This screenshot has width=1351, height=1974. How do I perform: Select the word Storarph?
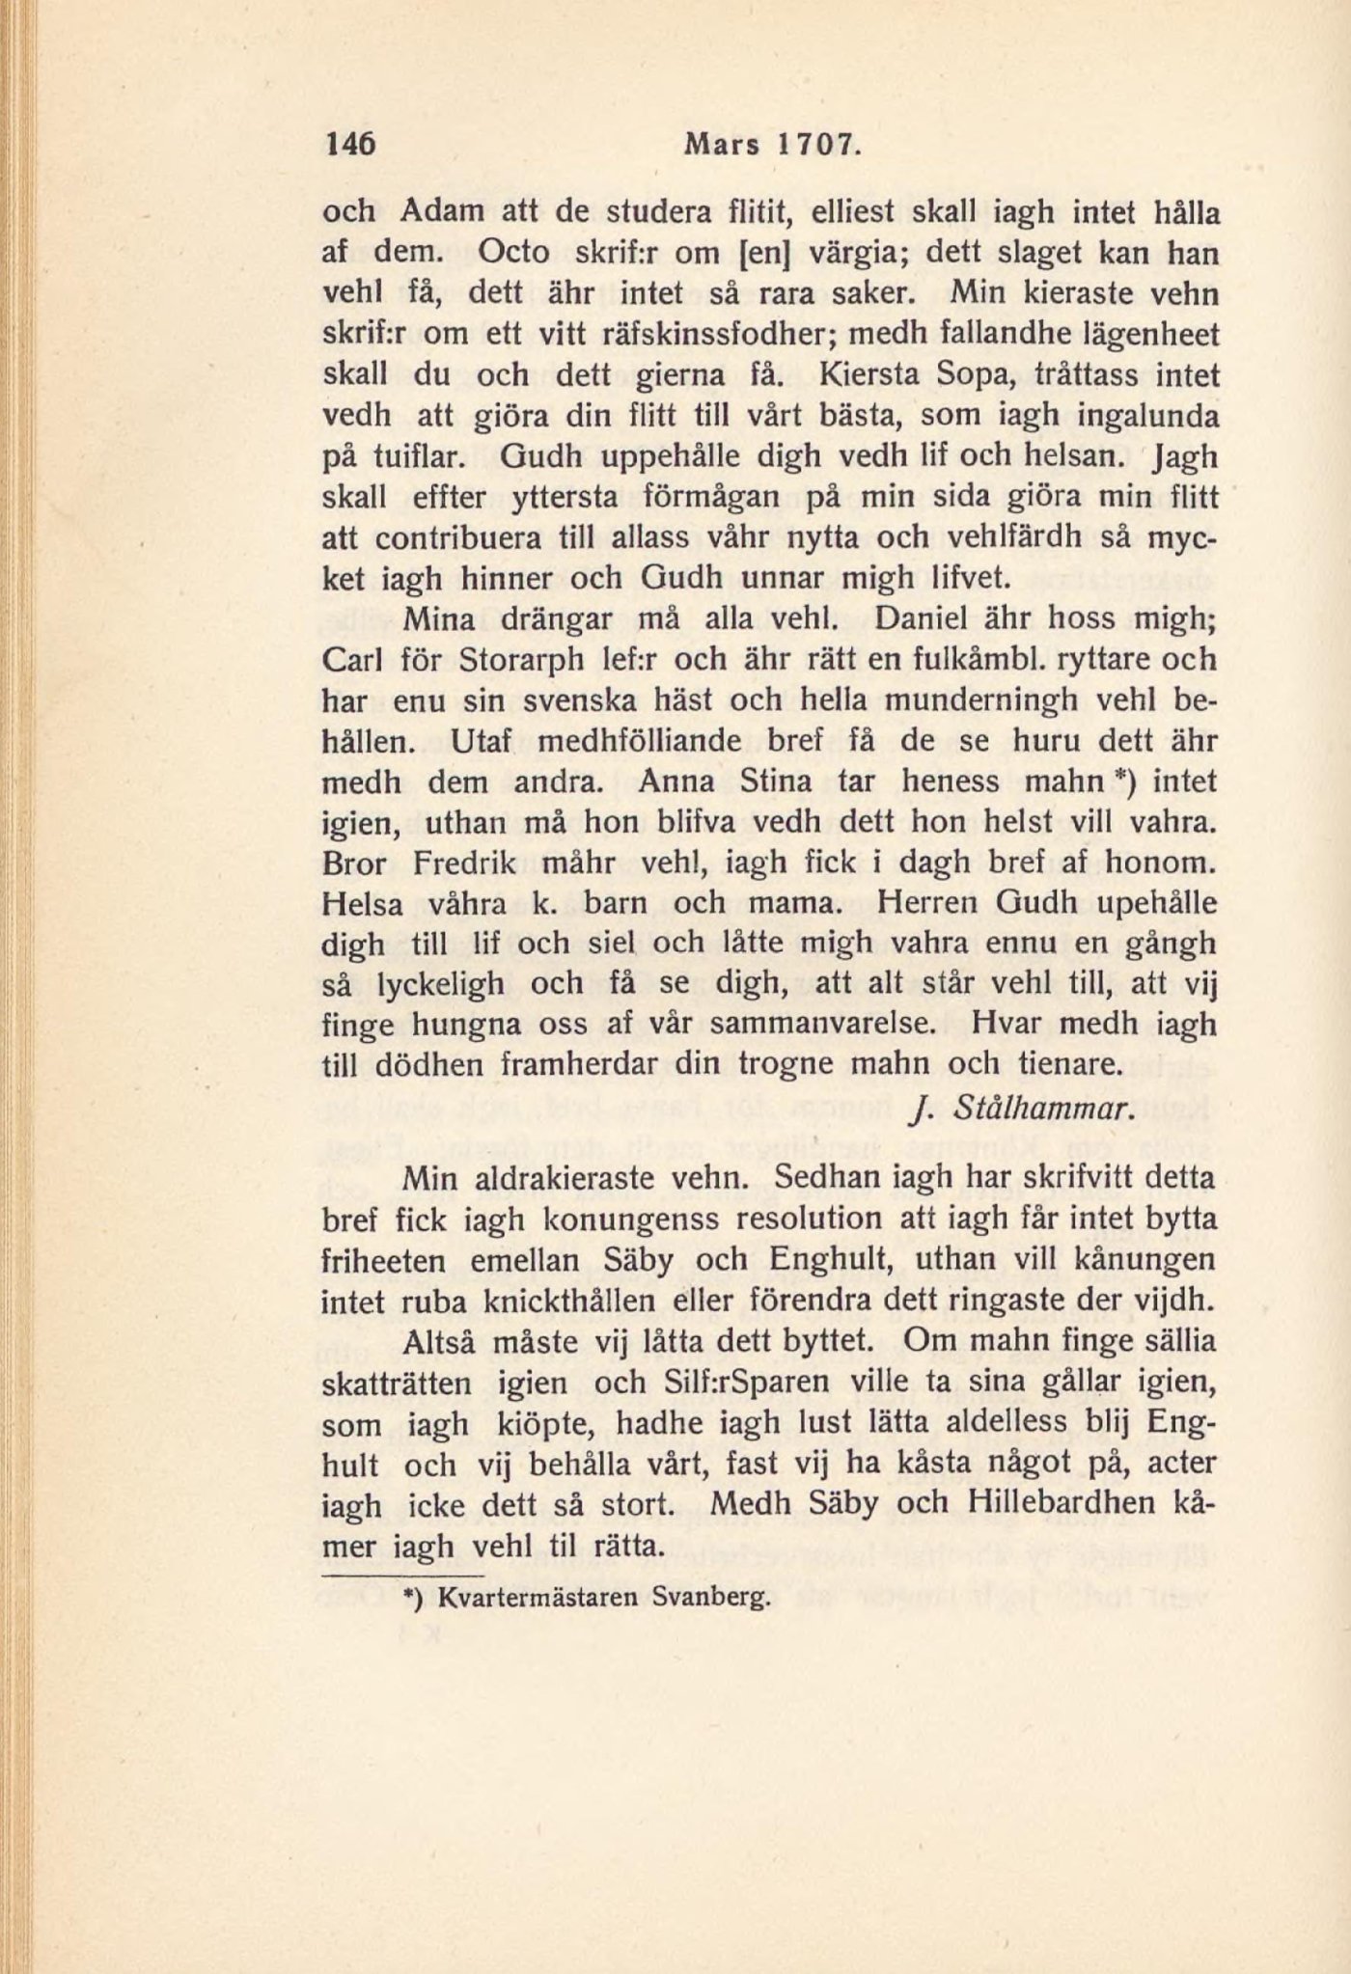(511, 662)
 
